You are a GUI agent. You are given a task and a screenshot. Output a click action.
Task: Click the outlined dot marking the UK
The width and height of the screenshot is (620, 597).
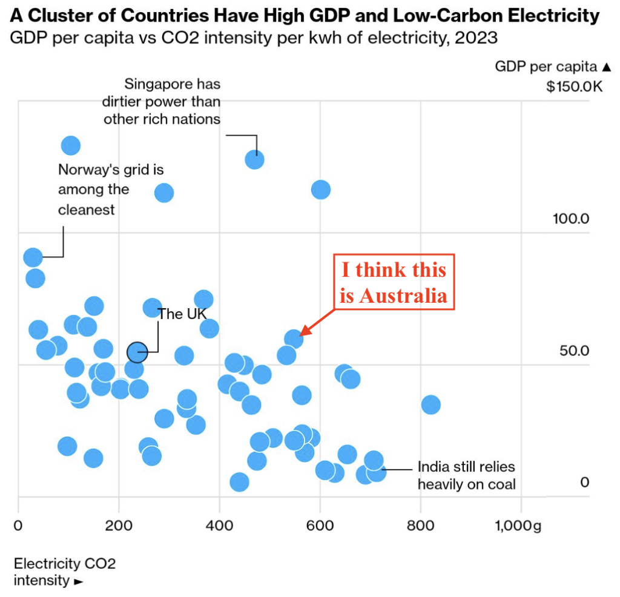tap(137, 351)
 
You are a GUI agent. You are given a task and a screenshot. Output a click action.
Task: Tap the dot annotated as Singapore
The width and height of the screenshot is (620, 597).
tap(255, 160)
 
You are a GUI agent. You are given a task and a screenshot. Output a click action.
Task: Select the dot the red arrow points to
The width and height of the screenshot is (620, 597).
tap(294, 338)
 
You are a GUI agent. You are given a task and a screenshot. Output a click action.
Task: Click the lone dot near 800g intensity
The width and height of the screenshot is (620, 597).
tap(430, 404)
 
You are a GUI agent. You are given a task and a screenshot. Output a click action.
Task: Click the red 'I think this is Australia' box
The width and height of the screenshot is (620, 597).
tap(394, 282)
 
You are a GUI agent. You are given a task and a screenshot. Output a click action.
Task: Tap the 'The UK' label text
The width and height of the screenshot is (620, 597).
tap(182, 314)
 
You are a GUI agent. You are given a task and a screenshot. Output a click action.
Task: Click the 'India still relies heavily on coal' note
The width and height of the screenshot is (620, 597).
tap(466, 475)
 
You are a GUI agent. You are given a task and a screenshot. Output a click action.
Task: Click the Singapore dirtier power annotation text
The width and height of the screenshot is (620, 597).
tap(162, 101)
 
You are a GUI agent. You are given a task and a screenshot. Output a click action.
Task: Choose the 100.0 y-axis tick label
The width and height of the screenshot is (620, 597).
tap(570, 218)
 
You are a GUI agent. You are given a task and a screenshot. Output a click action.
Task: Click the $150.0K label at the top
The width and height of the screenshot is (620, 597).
tap(574, 87)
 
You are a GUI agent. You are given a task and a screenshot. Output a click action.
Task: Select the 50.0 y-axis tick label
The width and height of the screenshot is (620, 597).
tap(573, 351)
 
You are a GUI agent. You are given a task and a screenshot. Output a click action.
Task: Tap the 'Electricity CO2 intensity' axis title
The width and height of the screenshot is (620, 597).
tap(65, 572)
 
